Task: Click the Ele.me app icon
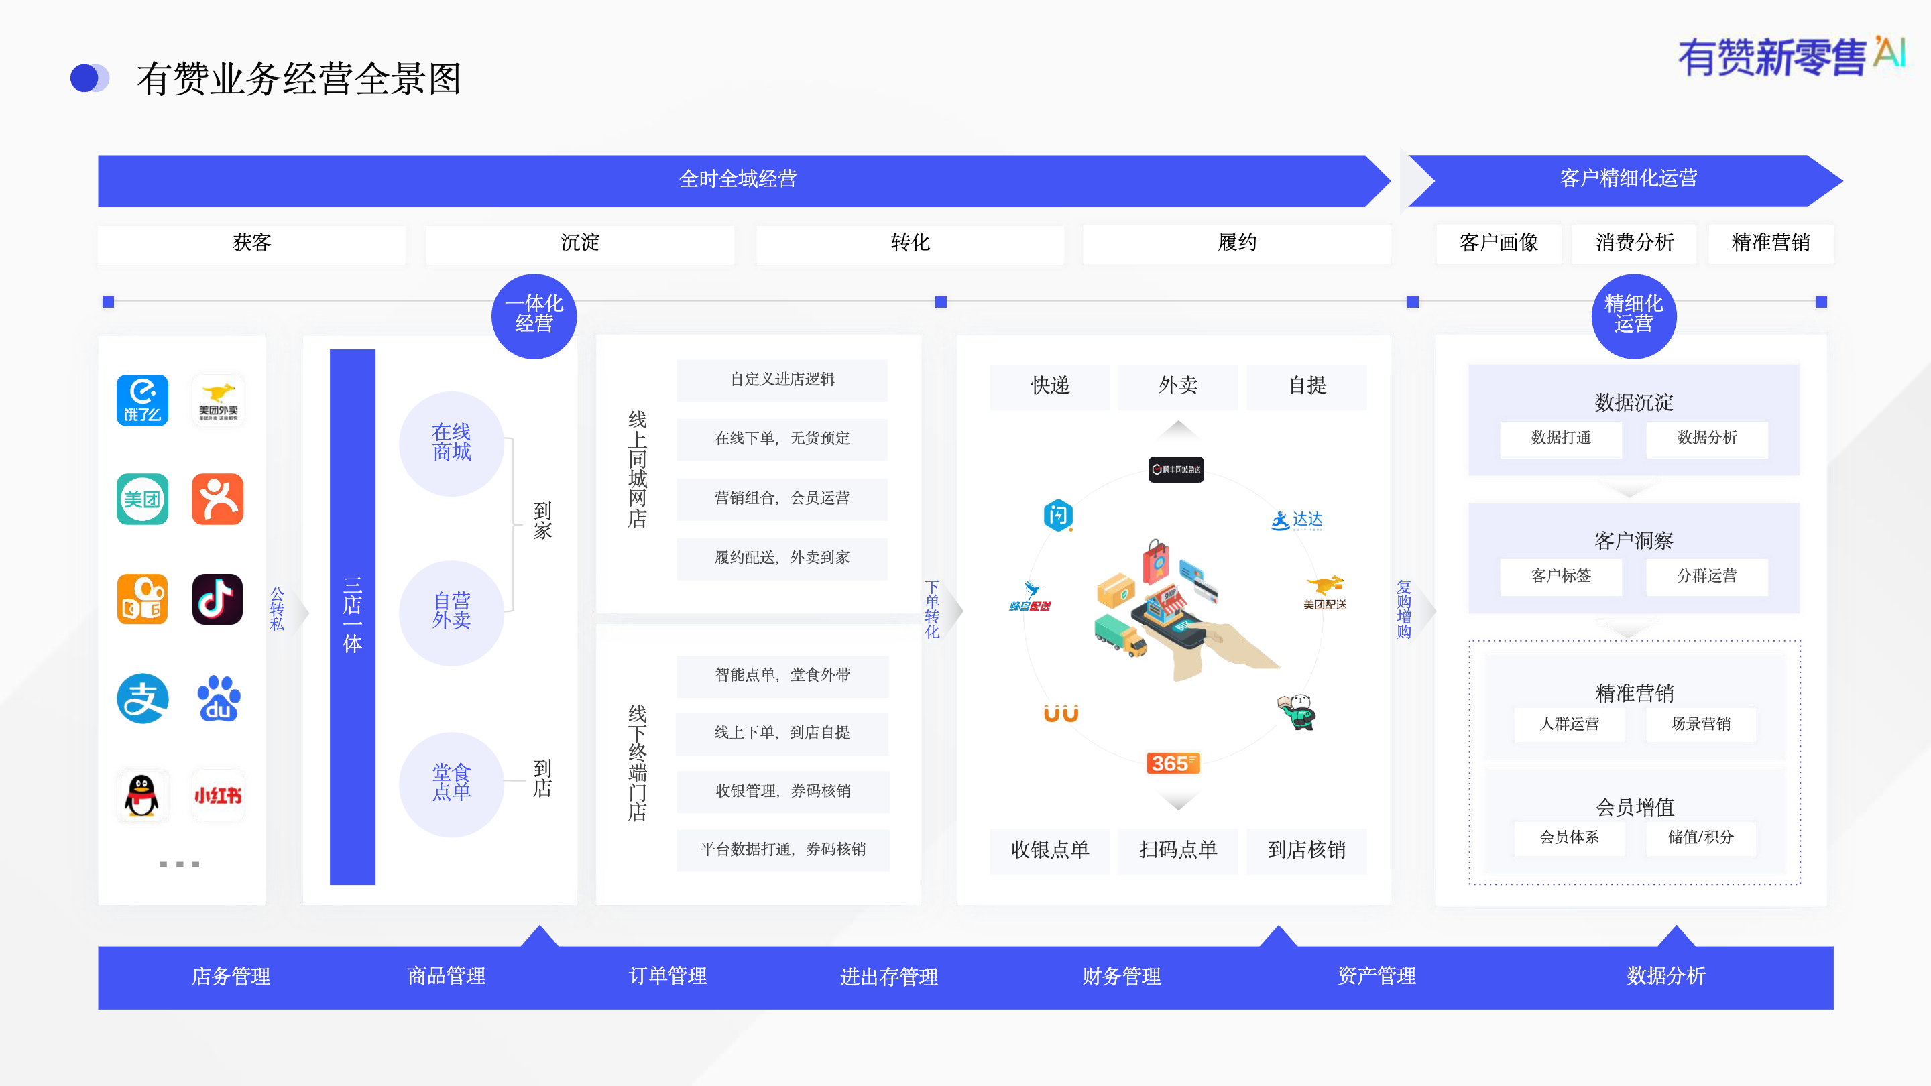[x=142, y=400]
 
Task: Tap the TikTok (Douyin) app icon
[x=217, y=599]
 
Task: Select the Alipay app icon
[x=142, y=699]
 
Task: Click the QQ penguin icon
[x=142, y=794]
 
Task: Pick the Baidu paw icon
[x=217, y=699]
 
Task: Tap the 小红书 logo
[x=217, y=794]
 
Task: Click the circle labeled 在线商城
[x=451, y=443]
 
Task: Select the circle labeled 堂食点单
[x=451, y=783]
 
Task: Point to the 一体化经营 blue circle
[x=534, y=315]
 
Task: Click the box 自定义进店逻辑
[x=782, y=380]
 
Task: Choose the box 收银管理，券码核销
[x=782, y=792]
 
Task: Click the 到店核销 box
[x=1306, y=850]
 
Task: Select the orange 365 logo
[x=1173, y=763]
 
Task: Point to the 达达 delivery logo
[x=1297, y=520]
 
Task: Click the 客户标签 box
[x=1561, y=577]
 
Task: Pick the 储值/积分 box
[x=1700, y=837]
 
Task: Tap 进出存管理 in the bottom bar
[x=888, y=977]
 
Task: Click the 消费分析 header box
[x=1634, y=243]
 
